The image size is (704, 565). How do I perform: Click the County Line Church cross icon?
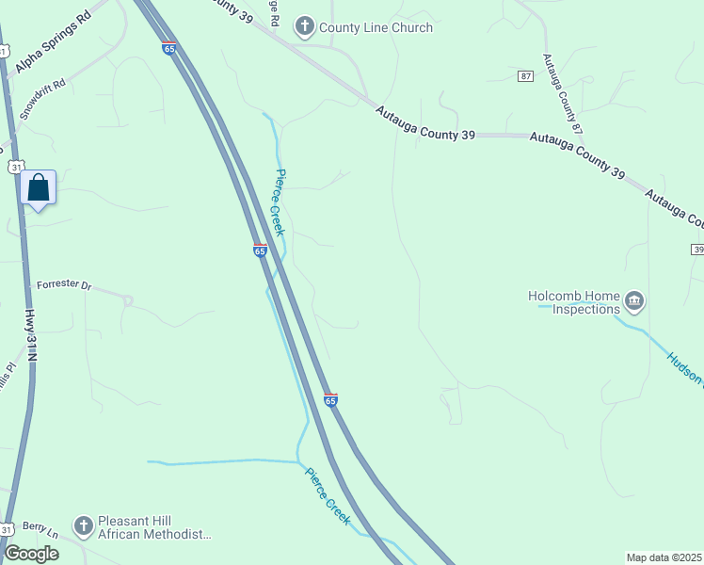(304, 27)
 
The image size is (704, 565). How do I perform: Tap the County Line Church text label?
(376, 28)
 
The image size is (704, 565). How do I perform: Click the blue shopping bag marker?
(39, 187)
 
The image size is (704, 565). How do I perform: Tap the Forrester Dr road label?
(64, 284)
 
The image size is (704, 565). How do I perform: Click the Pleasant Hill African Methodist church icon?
(83, 525)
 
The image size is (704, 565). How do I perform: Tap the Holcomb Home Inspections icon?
(633, 302)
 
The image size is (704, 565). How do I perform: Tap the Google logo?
(30, 554)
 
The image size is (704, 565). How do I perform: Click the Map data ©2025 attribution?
(664, 557)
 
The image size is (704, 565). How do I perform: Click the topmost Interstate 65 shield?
(168, 48)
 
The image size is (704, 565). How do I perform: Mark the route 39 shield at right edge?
(697, 249)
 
